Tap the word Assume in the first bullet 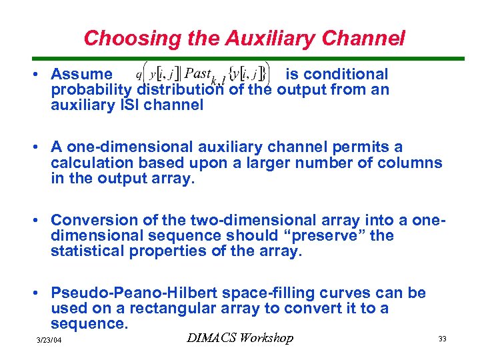click(82, 74)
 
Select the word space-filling click(280, 293)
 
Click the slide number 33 click(442, 339)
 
